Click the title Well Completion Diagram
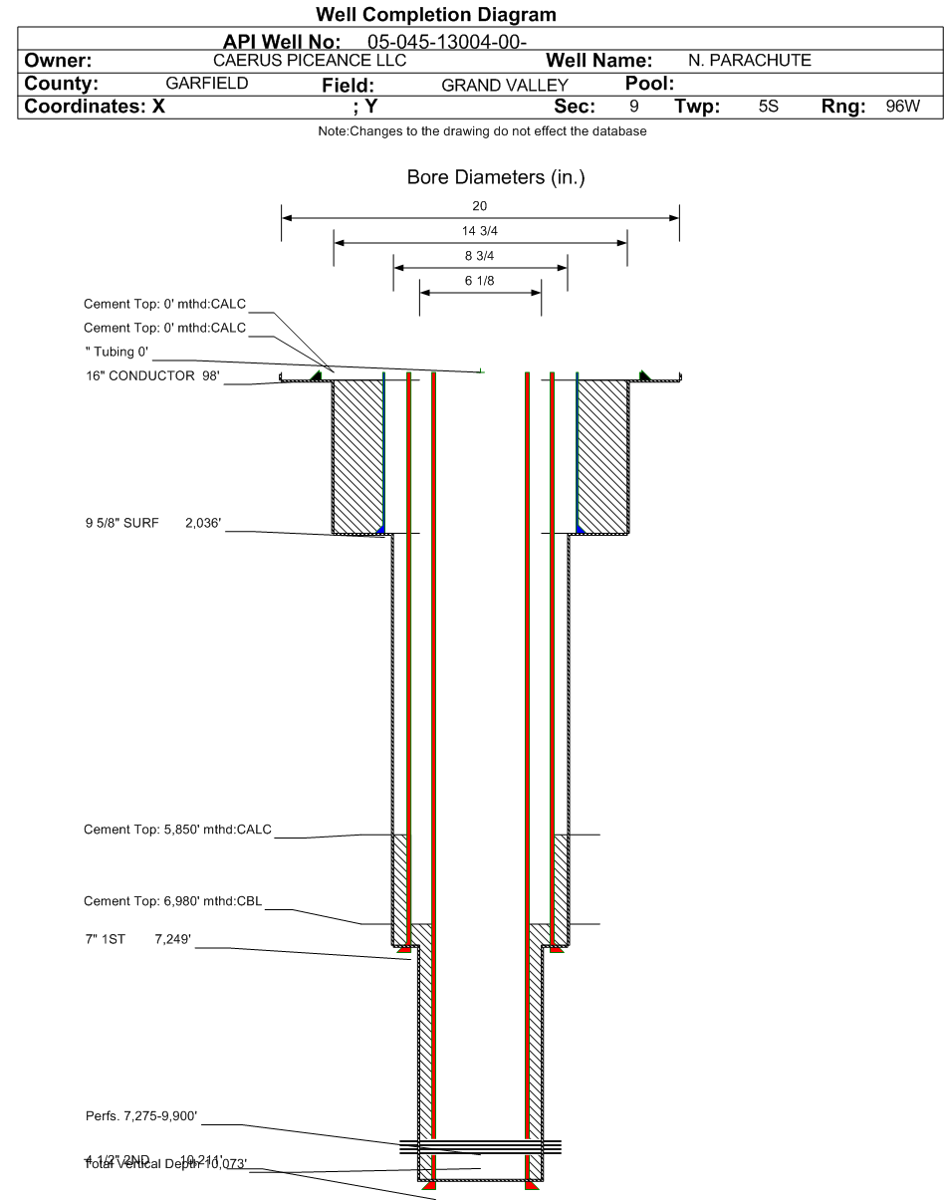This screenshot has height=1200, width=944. click(x=435, y=16)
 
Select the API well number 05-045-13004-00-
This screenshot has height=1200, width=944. click(x=440, y=42)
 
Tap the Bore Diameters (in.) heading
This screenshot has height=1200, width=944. click(x=480, y=178)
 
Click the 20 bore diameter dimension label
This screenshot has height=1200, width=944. click(x=480, y=206)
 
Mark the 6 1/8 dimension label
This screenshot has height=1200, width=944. click(x=480, y=281)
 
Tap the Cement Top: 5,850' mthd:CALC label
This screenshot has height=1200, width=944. click(x=177, y=830)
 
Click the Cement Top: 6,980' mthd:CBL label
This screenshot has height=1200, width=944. click(x=173, y=902)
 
